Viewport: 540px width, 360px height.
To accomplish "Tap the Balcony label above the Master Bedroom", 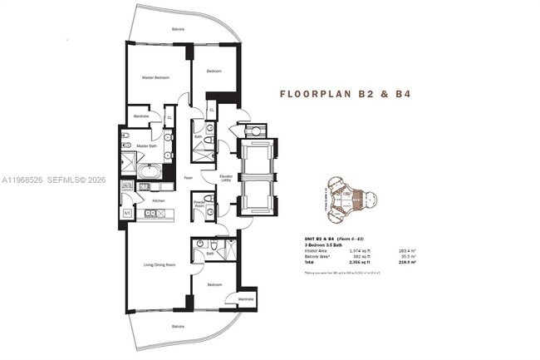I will coord(178,29).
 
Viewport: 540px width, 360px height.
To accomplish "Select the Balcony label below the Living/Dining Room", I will coord(178,325).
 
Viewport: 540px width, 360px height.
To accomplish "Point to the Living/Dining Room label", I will coord(160,264).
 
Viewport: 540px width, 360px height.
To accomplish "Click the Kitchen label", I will coord(158,201).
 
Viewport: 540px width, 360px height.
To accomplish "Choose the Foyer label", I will coord(189,177).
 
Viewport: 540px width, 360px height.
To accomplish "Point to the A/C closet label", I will coord(128,213).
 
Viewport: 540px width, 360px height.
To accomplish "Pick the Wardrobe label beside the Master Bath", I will coord(141,116).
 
